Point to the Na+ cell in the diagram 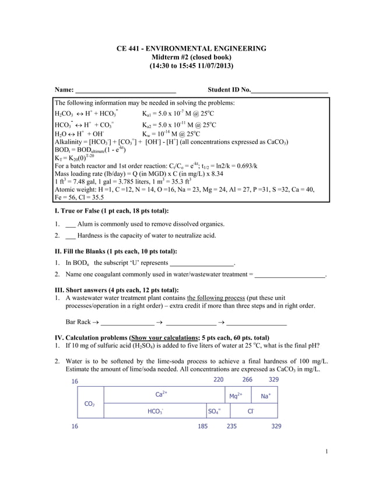266,396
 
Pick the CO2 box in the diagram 90,403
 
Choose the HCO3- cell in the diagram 155,411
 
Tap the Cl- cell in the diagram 251,411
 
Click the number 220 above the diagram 218,380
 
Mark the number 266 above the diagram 247,380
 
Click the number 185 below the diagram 203,426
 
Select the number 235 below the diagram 232,426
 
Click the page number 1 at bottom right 327,451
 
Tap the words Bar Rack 78,321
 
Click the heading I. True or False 111,211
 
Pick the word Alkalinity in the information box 69,142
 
